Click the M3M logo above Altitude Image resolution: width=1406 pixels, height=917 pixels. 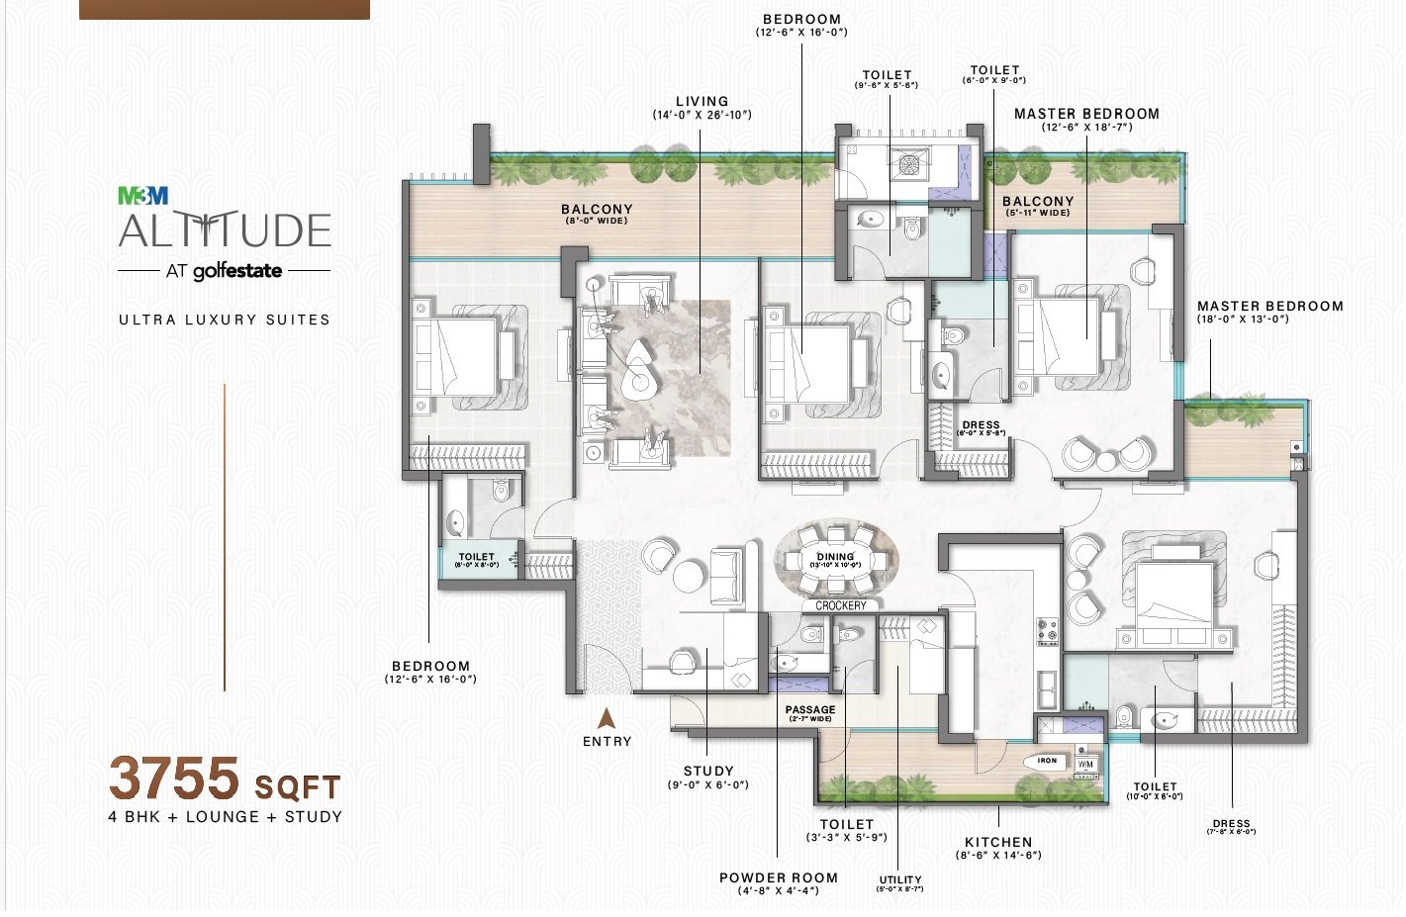pyautogui.click(x=143, y=196)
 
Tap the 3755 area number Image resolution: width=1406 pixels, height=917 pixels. pyautogui.click(x=175, y=779)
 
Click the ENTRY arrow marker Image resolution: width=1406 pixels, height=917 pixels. pyautogui.click(x=608, y=719)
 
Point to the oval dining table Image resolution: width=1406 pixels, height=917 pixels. pyautogui.click(x=836, y=560)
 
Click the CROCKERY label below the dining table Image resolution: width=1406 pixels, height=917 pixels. pyautogui.click(x=840, y=605)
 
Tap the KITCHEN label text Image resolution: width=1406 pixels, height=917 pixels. pyautogui.click(x=997, y=842)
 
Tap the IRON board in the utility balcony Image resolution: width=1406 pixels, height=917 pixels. pyautogui.click(x=1046, y=762)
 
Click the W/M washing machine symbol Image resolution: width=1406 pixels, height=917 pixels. pyautogui.click(x=1085, y=764)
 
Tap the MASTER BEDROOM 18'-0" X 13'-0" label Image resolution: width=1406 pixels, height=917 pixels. pyautogui.click(x=1269, y=312)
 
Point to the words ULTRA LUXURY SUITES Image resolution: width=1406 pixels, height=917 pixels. pyautogui.click(x=225, y=320)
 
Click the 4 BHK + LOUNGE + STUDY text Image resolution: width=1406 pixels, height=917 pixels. pyautogui.click(x=226, y=817)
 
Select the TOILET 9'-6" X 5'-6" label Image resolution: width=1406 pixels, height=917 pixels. pyautogui.click(x=887, y=79)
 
